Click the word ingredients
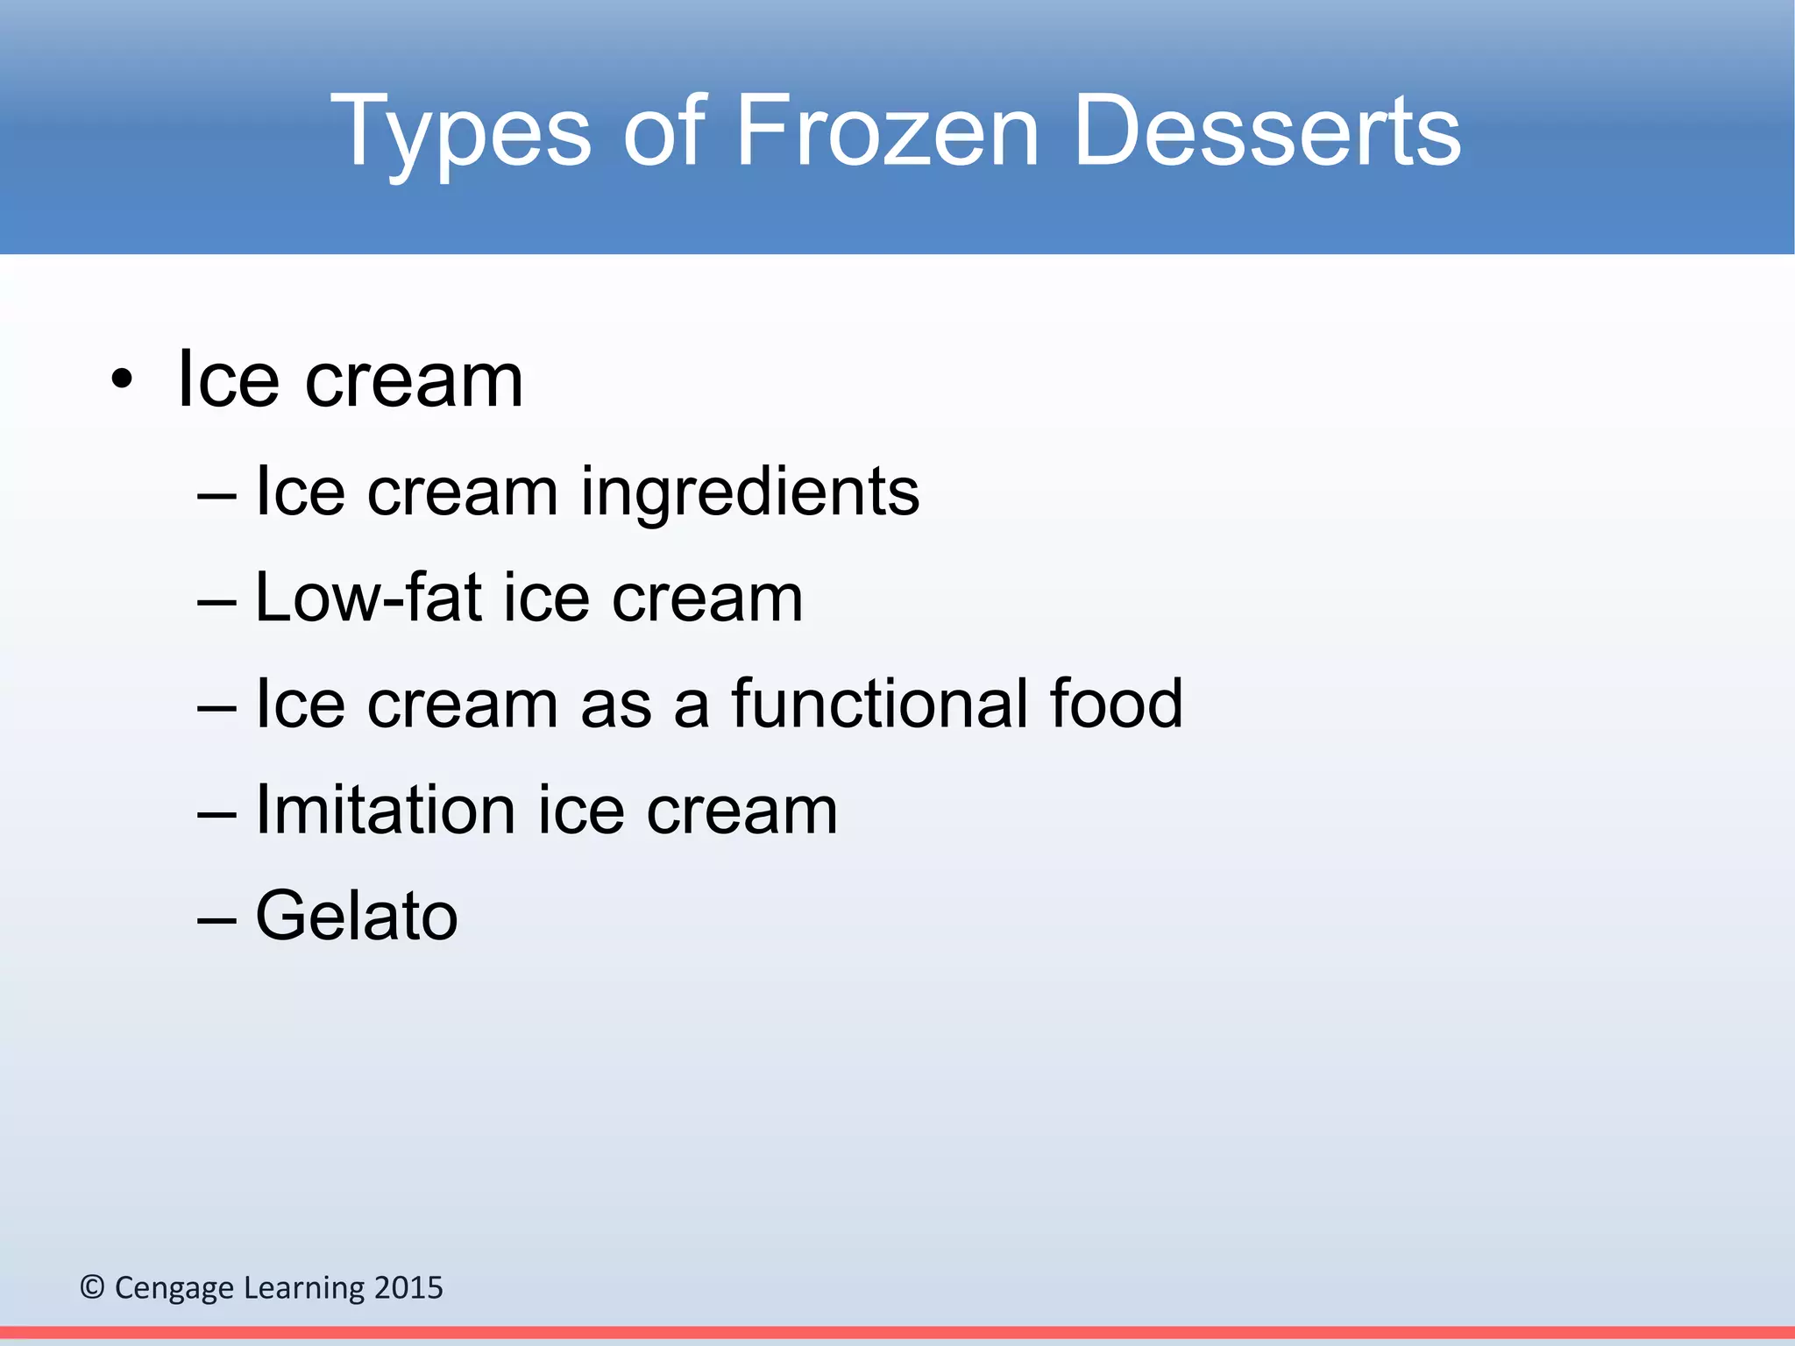coord(749,492)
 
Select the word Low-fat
coord(368,598)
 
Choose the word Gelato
coord(356,916)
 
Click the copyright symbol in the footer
coord(92,1287)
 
